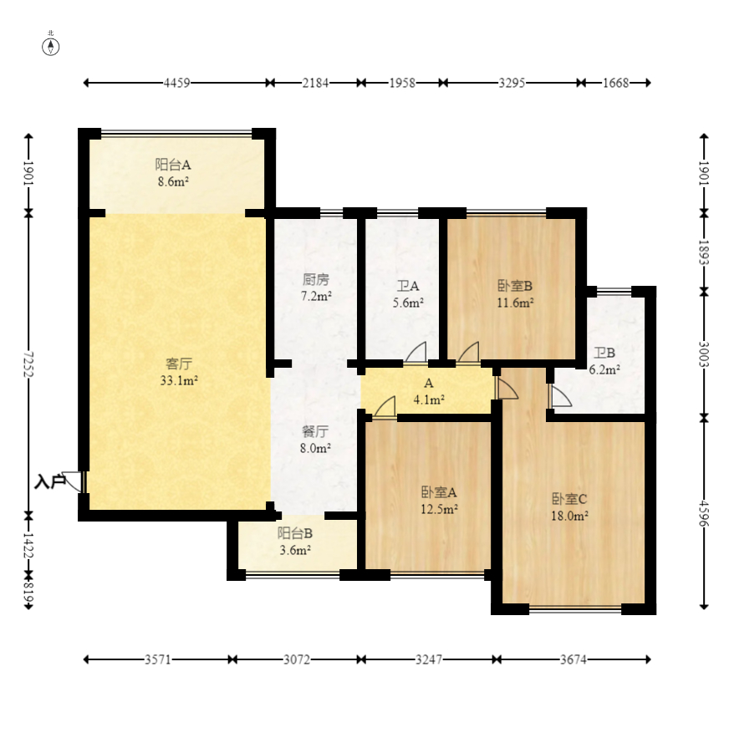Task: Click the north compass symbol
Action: point(51,47)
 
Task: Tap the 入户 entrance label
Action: point(50,482)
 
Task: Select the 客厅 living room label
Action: point(179,364)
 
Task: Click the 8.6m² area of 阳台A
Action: point(173,181)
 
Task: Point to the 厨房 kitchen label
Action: point(316,280)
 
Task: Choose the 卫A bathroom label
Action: point(407,286)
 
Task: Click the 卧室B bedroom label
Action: point(515,286)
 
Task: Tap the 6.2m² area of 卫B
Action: point(604,369)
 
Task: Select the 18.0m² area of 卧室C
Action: point(569,516)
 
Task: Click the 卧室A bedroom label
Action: point(439,493)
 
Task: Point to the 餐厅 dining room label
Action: point(315,431)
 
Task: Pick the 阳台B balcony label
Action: point(295,533)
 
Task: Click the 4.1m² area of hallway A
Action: point(429,400)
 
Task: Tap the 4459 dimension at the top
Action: point(176,83)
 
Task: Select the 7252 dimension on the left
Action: point(28,364)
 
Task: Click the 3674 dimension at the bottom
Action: point(573,659)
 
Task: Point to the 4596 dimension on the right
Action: point(704,513)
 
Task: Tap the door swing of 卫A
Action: point(415,353)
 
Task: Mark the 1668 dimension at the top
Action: point(615,83)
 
